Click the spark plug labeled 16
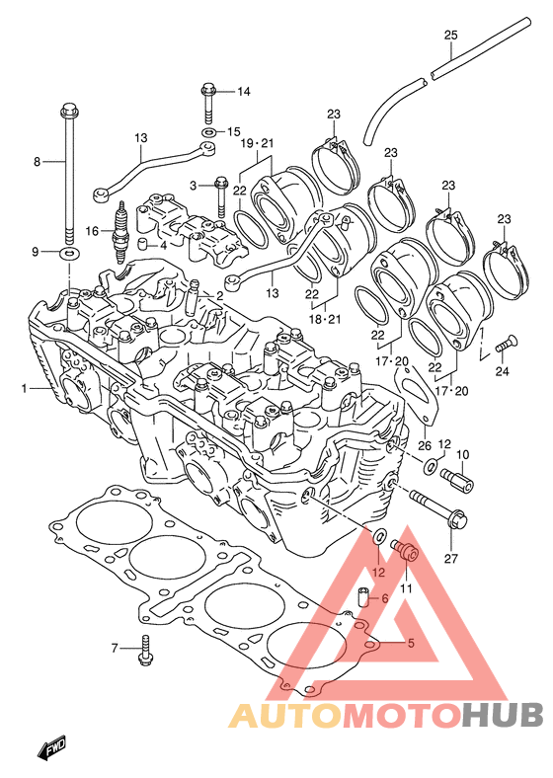coord(119,232)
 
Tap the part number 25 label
coord(450,36)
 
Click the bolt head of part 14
coord(208,90)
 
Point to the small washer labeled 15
coord(209,132)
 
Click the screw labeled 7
coord(144,651)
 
